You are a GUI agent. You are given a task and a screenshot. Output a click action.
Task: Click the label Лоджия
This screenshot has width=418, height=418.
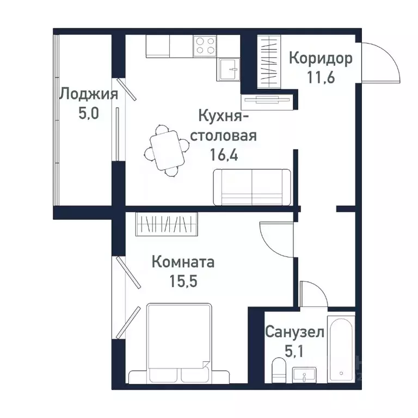88,94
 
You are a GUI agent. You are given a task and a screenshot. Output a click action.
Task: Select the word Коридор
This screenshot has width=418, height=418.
321,58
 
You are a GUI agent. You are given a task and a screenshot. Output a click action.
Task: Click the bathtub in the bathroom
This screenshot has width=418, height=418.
341,348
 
